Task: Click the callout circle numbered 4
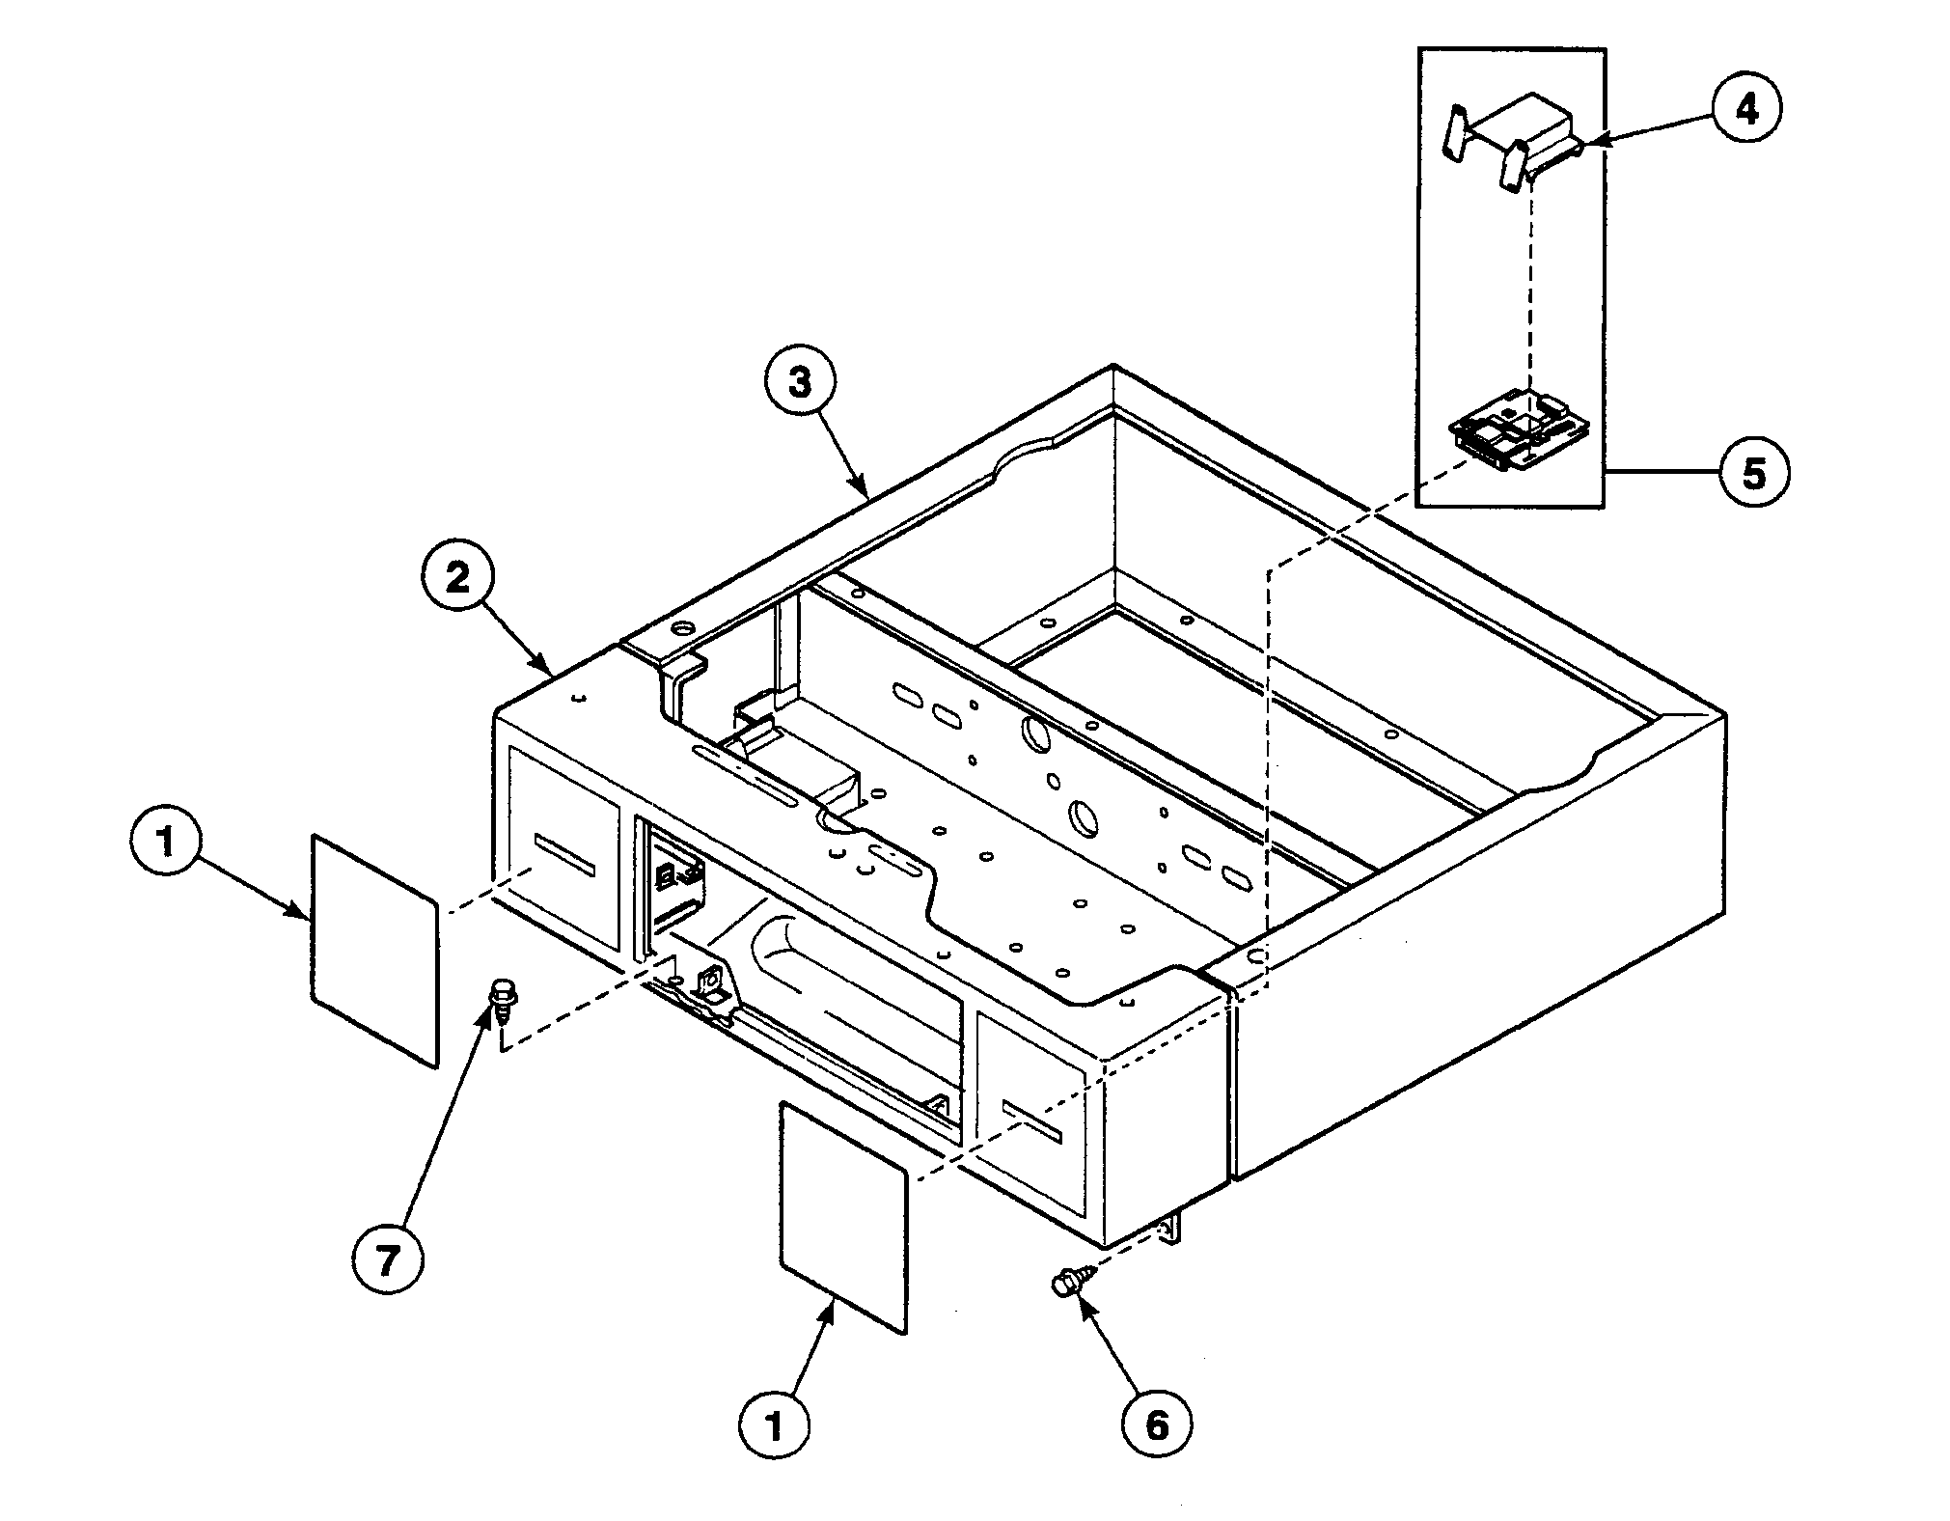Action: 1746,110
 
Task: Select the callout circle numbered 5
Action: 1753,473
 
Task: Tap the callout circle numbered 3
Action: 799,382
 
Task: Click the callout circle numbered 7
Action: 386,1259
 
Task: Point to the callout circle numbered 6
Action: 1156,1424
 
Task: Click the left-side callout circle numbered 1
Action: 166,842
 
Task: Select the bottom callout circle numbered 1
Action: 774,1426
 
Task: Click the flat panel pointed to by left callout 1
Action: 374,950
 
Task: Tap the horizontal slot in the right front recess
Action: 1033,1121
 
